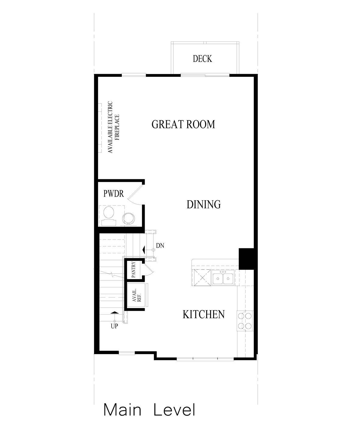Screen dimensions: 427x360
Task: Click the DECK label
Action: click(202, 59)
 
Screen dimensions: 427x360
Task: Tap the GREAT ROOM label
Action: click(183, 124)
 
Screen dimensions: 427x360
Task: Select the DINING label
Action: click(203, 204)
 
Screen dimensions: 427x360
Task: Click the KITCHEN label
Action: click(203, 314)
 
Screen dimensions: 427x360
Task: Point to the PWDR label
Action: click(114, 194)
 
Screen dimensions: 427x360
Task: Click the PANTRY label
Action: click(133, 270)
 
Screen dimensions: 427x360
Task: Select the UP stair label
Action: click(115, 326)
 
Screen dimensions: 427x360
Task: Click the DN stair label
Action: click(160, 245)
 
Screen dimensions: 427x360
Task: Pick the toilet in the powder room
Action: click(109, 214)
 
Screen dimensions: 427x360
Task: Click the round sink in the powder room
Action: click(129, 218)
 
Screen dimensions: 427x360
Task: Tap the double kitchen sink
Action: click(223, 278)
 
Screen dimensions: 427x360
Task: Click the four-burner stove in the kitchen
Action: click(245, 321)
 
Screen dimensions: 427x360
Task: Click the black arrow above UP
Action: click(114, 312)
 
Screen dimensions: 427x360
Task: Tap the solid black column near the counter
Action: click(246, 258)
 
